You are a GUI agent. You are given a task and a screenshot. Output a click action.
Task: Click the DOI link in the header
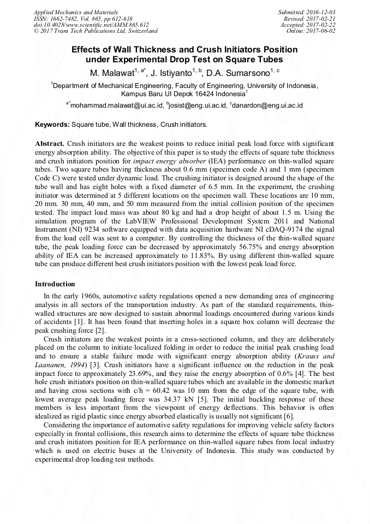click(91, 25)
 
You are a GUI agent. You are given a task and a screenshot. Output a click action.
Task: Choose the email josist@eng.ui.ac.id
click(195, 105)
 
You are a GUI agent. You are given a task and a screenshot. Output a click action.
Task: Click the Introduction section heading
click(55, 284)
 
